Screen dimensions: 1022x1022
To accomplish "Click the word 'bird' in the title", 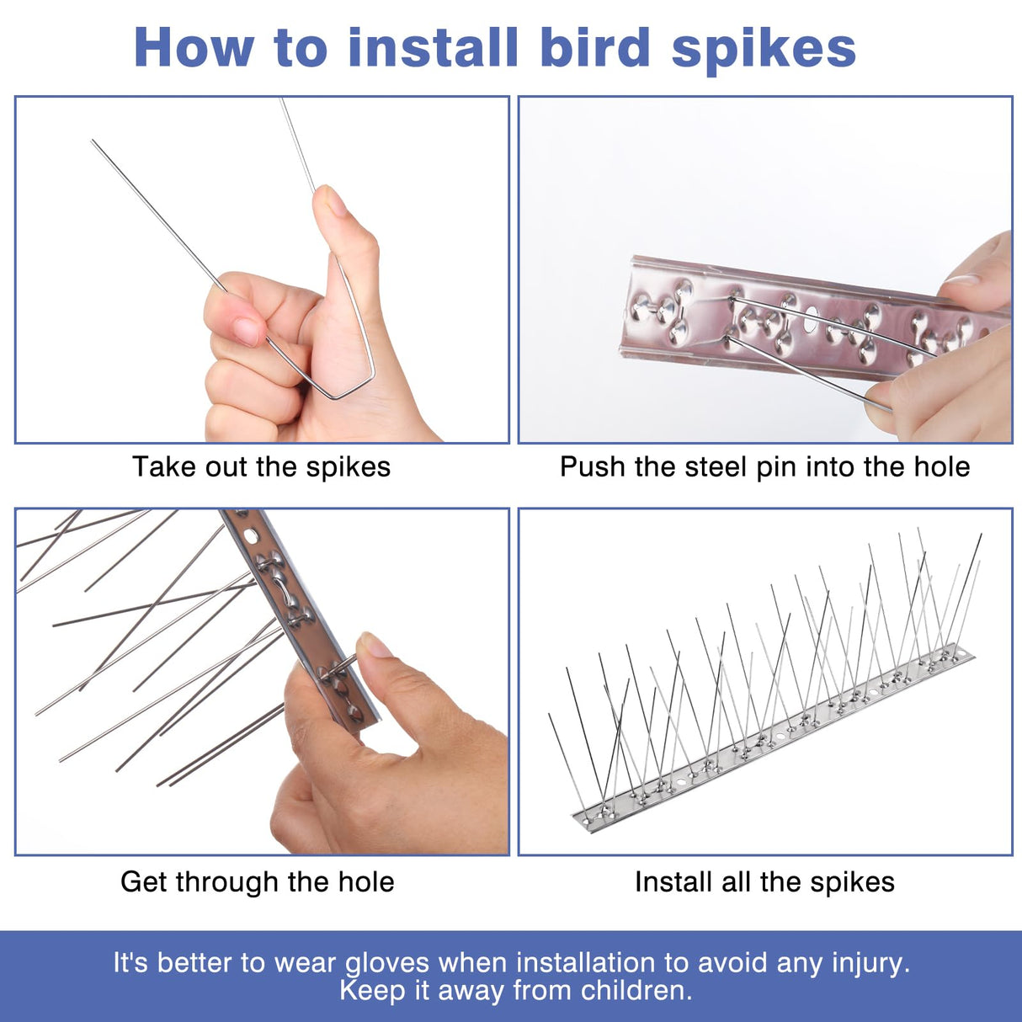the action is [594, 48].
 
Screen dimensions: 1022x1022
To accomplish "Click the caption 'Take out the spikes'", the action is [261, 467].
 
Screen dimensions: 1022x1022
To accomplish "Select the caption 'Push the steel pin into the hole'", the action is [764, 467].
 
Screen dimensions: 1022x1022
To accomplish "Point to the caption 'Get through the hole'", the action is [257, 882].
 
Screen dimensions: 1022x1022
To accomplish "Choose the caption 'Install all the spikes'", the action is [764, 882].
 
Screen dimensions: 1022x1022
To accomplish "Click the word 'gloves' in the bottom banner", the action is [388, 963].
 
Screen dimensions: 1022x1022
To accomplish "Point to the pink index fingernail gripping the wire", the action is [248, 330].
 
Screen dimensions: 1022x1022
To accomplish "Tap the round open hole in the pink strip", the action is [812, 320].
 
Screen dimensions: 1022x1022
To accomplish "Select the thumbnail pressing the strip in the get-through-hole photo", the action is [375, 646].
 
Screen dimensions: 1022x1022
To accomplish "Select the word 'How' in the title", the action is [193, 48].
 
